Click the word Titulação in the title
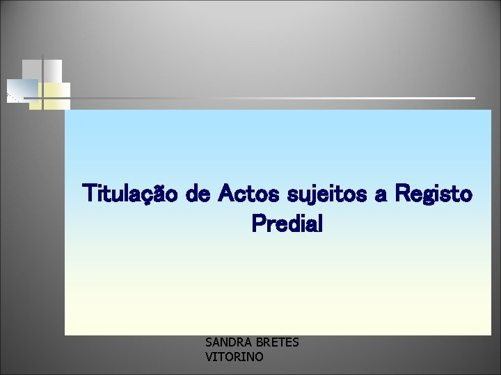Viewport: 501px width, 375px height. point(132,193)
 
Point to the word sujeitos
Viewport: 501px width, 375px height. point(329,193)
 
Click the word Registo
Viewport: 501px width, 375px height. point(433,193)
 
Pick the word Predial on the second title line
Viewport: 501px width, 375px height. point(287,224)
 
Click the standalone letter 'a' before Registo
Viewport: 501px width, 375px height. point(381,194)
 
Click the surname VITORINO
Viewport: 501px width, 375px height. point(234,357)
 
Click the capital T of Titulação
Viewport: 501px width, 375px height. point(90,192)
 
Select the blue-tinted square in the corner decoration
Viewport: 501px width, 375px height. point(24,88)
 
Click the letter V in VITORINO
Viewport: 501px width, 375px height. point(209,357)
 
